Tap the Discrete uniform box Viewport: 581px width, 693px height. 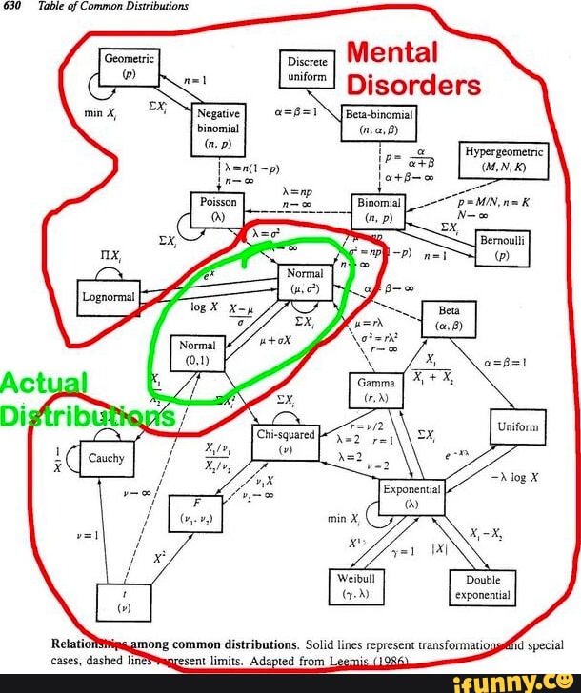pos(307,67)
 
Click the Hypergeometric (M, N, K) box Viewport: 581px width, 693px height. pos(504,160)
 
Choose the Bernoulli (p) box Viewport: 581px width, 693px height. pos(502,248)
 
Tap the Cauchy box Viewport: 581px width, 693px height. pos(106,458)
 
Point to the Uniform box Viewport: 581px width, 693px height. pos(520,427)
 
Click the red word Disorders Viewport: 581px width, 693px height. pos(413,86)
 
